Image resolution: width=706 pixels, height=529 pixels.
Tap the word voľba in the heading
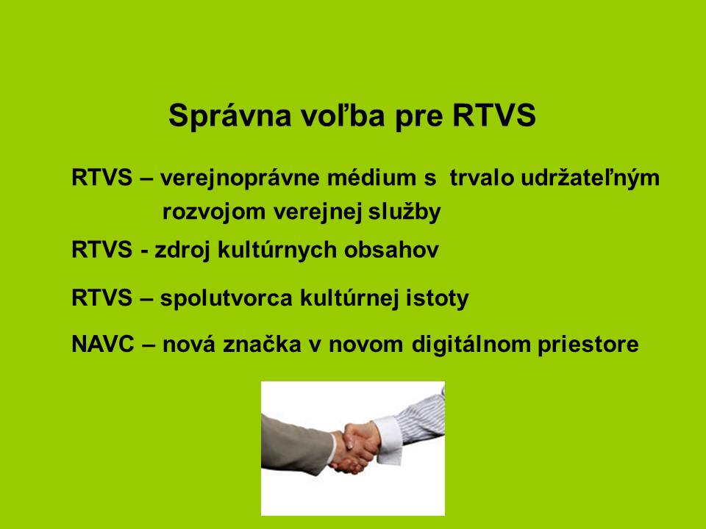point(343,115)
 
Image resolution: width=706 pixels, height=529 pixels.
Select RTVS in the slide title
point(494,115)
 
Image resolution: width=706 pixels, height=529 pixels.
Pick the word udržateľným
point(591,179)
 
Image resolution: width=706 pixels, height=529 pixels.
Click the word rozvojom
point(214,212)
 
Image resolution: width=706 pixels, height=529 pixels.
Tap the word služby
point(404,212)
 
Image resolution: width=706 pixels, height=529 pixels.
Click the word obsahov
point(391,250)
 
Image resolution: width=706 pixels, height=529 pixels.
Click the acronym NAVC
point(103,345)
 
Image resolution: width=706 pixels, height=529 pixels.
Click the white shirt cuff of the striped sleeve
point(388,440)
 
